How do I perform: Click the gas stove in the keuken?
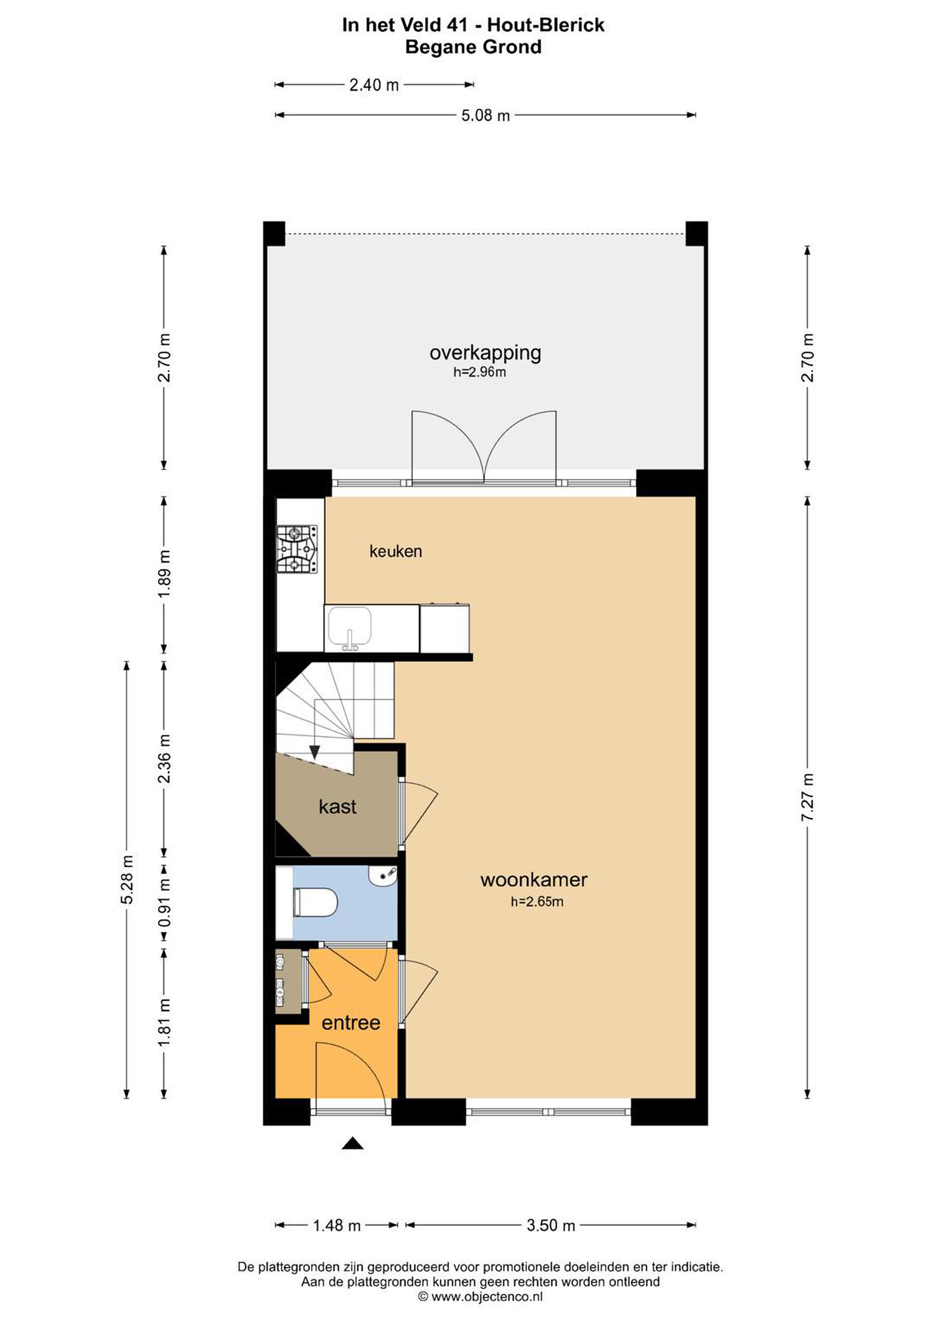(x=297, y=549)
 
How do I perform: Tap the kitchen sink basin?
(x=349, y=627)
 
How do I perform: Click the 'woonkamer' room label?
(x=534, y=879)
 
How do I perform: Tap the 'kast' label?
(x=337, y=807)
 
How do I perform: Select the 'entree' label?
(x=351, y=1022)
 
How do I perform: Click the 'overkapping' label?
(x=485, y=353)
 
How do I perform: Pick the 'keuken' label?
(x=395, y=551)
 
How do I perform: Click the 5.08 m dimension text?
(x=486, y=116)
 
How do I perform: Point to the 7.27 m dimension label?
(x=808, y=798)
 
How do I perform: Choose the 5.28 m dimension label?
(x=127, y=880)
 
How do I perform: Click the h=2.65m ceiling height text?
(x=537, y=902)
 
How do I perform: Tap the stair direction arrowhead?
(x=315, y=752)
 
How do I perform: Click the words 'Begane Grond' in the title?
(x=473, y=47)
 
